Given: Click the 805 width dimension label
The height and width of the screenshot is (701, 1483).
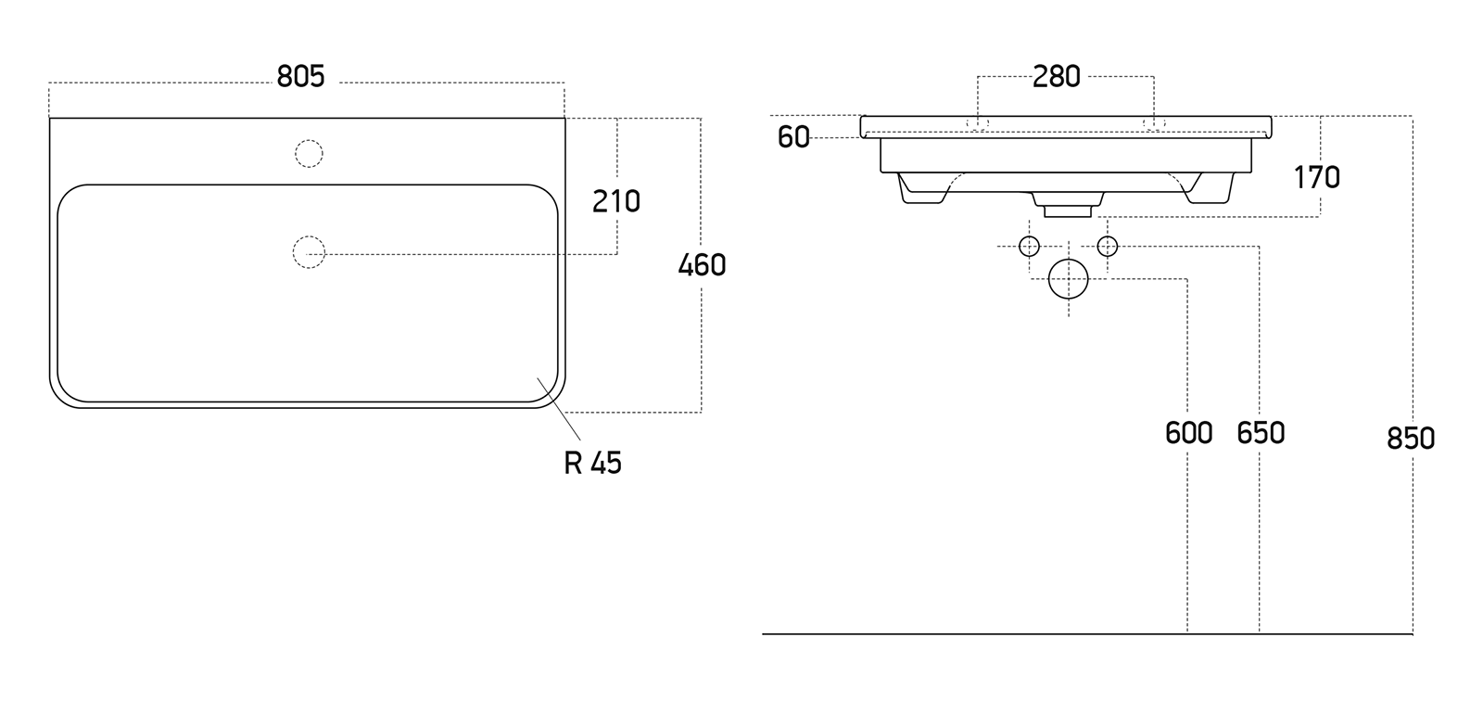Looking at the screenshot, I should click(x=301, y=77).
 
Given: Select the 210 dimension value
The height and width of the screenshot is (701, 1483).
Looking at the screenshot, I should click(x=616, y=201).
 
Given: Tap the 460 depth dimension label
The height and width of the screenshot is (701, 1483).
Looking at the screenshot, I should click(x=702, y=266).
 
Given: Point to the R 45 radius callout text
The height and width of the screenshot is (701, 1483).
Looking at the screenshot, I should click(x=592, y=463).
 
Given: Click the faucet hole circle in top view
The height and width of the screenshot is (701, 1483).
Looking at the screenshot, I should click(x=309, y=153).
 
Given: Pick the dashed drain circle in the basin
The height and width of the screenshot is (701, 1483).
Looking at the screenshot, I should click(x=309, y=252).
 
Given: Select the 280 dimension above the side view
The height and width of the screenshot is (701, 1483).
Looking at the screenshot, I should click(x=1057, y=77).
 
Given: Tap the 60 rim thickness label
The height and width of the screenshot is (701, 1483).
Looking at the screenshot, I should click(x=793, y=138).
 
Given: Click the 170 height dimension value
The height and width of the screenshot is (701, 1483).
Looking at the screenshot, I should click(x=1317, y=177).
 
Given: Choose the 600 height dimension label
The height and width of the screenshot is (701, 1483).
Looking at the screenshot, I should click(x=1188, y=433).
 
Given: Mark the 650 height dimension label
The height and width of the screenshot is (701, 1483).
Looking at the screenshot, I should click(x=1261, y=433).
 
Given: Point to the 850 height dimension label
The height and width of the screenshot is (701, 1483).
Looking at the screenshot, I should click(x=1411, y=438).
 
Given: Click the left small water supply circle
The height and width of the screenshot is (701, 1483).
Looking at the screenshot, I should click(x=1029, y=246).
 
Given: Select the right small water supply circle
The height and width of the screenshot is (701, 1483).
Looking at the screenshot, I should click(x=1108, y=246).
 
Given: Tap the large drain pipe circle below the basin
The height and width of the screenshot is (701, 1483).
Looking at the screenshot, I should click(x=1068, y=279).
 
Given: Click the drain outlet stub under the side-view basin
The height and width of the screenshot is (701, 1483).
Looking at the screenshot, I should click(x=1068, y=208).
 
